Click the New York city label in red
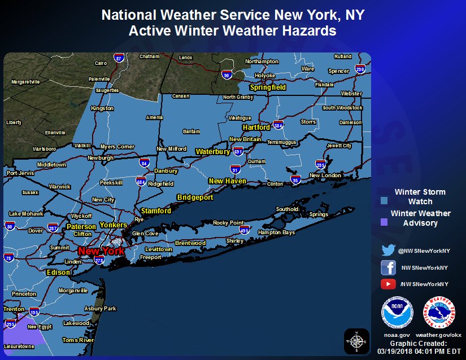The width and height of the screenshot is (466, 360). pos(101,251)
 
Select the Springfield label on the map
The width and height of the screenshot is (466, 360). pos(268,87)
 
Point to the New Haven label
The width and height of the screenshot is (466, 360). pos(228,181)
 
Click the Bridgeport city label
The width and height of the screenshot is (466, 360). pos(195,197)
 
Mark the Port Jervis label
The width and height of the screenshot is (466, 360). pos(20,173)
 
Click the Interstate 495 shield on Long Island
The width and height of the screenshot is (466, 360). pos(245,230)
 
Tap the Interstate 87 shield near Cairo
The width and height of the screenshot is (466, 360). pos(118,58)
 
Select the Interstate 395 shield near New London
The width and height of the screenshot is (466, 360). pos(321,165)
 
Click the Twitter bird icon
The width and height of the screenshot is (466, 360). pos(388,250)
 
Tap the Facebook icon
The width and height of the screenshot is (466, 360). pos(388,267)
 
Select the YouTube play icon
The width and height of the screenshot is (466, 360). pos(388,284)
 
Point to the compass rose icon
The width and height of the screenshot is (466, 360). pos(356,340)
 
